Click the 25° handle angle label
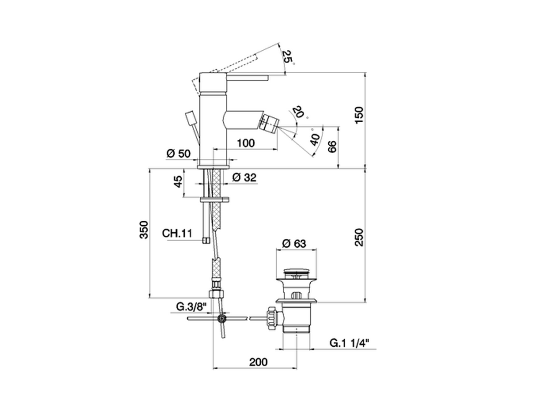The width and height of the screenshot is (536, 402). [x=287, y=57]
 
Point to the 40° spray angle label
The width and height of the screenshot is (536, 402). [x=315, y=139]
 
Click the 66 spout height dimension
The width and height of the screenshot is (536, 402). [x=332, y=147]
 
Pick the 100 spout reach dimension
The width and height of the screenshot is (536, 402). [x=246, y=143]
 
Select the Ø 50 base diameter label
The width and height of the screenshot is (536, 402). [x=178, y=153]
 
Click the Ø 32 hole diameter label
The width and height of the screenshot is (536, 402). [x=244, y=177]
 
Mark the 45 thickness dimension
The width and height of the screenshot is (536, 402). [x=178, y=181]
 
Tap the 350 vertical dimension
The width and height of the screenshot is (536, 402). [x=144, y=229]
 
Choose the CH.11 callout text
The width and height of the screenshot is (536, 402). [x=177, y=233]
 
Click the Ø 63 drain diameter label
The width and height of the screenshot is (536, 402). [x=294, y=243]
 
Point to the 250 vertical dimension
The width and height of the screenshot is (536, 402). [x=359, y=237]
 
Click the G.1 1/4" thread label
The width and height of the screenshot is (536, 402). [x=349, y=343]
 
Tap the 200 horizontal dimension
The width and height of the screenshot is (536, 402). [x=258, y=362]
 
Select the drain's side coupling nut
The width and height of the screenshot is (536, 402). [x=271, y=318]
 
